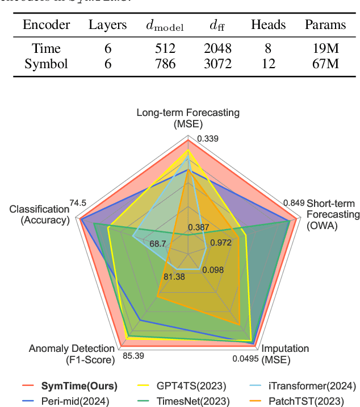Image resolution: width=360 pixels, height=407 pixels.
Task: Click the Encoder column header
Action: pyautogui.click(x=47, y=25)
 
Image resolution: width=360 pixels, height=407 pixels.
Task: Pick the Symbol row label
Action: pyautogui.click(x=47, y=64)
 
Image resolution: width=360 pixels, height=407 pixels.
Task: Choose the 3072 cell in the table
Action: pyautogui.click(x=218, y=64)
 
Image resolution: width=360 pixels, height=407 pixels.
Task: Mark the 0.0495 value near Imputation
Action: pyautogui.click(x=246, y=359)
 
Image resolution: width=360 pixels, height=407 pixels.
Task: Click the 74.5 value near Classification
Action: pyautogui.click(x=78, y=203)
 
